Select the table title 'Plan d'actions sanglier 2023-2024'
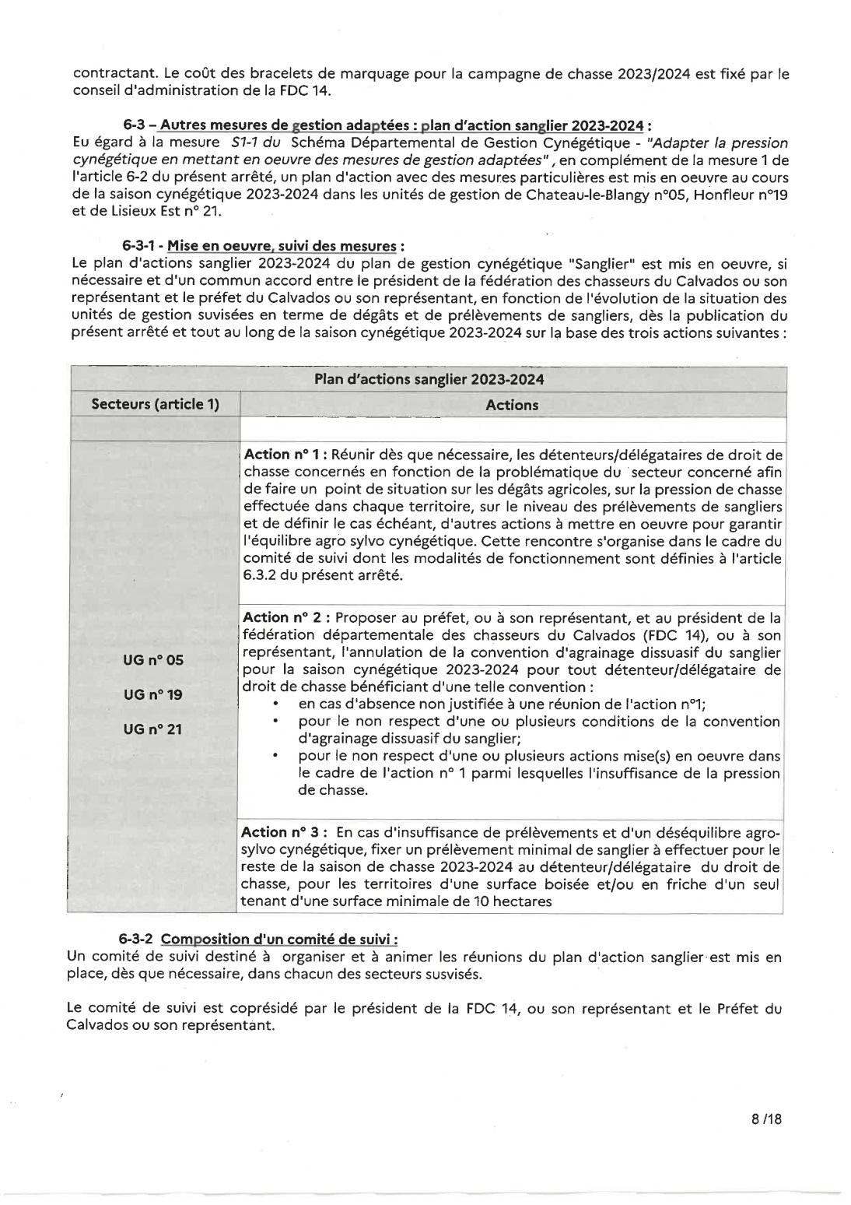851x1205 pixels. click(429, 379)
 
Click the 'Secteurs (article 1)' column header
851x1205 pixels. click(156, 404)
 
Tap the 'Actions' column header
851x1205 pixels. click(511, 405)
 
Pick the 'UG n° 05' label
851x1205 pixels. click(153, 660)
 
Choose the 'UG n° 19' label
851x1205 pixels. click(153, 694)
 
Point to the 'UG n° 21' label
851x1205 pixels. click(153, 729)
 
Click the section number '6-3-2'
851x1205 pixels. click(138, 939)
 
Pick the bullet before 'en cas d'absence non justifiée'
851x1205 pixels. click(278, 704)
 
